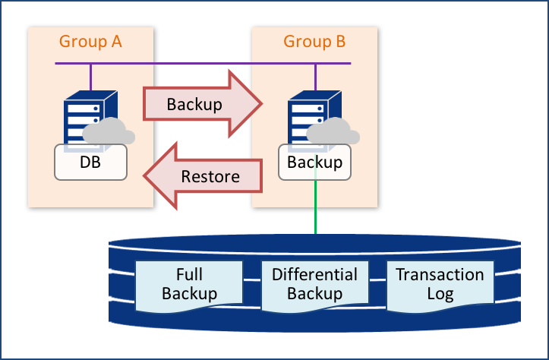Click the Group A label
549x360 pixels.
pos(90,42)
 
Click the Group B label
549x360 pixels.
pos(314,42)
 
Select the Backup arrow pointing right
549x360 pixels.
pos(202,104)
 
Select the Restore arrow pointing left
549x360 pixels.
pos(204,177)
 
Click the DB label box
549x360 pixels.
pos(90,162)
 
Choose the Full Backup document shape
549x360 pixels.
pos(189,285)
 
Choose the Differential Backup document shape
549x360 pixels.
pos(314,285)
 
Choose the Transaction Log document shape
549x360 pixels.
pos(440,285)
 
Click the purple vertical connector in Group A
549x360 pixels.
pos(91,76)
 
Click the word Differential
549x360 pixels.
pos(314,275)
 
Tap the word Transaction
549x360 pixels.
pos(440,275)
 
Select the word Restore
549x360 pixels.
pos(210,177)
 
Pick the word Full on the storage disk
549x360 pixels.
pos(189,275)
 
